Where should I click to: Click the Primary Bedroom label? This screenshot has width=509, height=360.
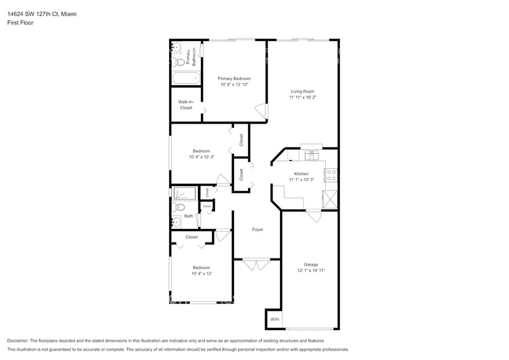[x=234, y=78]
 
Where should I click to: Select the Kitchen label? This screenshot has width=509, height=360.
[x=301, y=174]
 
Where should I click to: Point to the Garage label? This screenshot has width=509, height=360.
[x=311, y=264]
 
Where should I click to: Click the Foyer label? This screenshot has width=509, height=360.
[x=258, y=230]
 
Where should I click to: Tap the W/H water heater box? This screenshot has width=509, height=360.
[x=274, y=320]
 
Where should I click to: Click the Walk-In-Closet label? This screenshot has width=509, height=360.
[x=186, y=105]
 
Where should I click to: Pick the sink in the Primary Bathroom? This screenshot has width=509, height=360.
[x=176, y=47]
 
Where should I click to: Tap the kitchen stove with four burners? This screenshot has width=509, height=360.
[x=331, y=176]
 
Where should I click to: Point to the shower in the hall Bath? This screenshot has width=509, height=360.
[x=184, y=194]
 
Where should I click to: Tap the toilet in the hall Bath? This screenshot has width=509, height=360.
[x=179, y=208]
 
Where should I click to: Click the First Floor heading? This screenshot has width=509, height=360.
[x=20, y=23]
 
